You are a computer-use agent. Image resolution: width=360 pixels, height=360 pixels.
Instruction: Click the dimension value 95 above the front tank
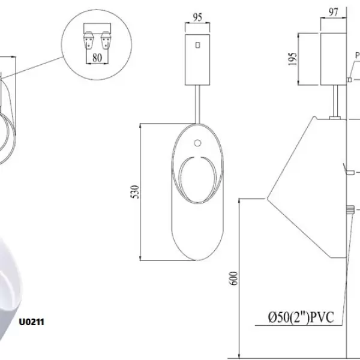[197, 16]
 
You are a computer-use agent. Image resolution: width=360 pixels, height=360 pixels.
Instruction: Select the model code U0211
[31, 322]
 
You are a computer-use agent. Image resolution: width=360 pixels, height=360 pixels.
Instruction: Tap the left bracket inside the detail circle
[88, 41]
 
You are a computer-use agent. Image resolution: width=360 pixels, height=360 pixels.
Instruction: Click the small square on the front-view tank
[197, 44]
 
